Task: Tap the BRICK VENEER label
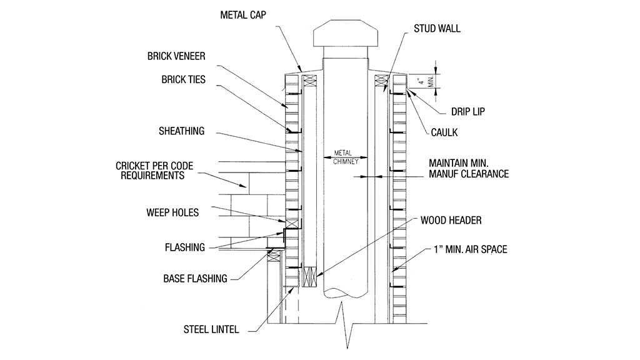tap(176, 56)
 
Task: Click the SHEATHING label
tap(181, 131)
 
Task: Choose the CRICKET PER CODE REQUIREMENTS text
tap(154, 171)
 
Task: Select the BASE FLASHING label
tap(195, 278)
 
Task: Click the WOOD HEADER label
tap(451, 221)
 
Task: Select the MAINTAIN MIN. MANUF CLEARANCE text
tap(469, 168)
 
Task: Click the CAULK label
tap(445, 132)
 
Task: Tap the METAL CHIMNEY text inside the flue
tap(344, 156)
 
